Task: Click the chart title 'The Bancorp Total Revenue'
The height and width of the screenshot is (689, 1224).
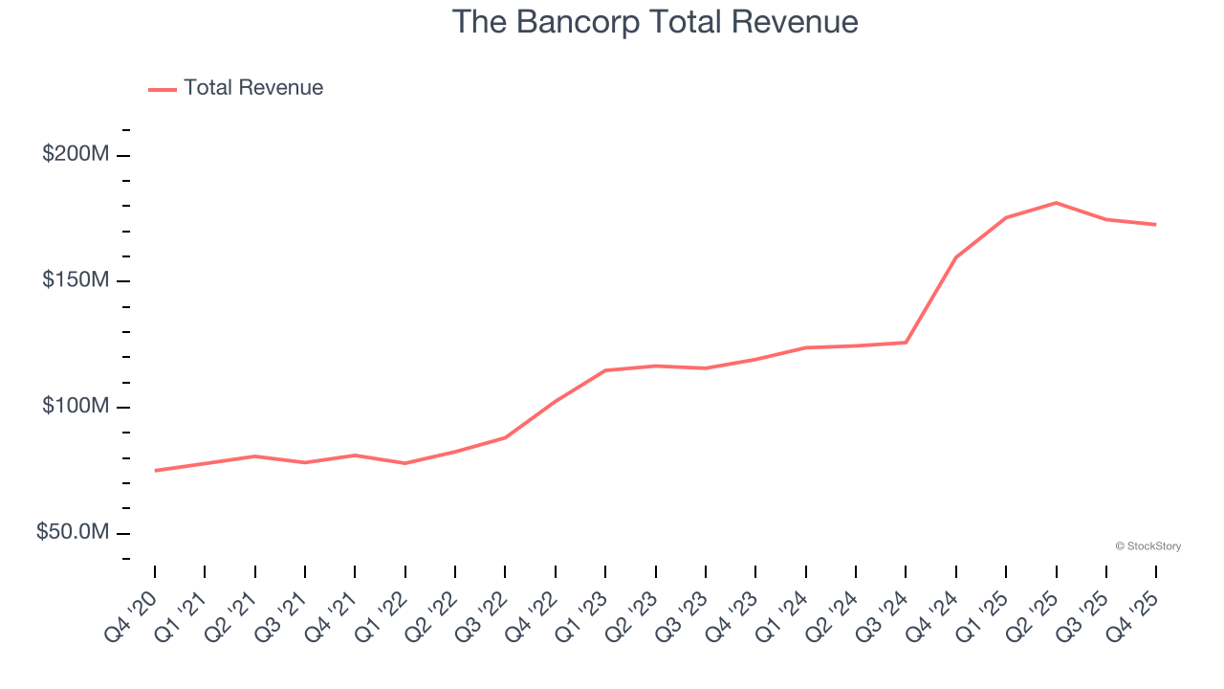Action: coord(654,22)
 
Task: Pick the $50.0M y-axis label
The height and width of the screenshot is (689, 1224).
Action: coord(74,532)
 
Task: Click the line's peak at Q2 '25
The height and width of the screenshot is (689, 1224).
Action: coord(1056,203)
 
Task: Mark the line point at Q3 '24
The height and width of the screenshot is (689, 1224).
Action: coord(906,343)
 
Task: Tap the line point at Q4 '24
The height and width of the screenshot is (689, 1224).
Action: coord(955,257)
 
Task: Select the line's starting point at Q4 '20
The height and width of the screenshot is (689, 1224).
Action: coord(155,471)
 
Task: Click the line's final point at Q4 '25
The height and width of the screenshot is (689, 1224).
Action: coord(1155,225)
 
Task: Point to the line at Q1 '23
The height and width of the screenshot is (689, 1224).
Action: coord(605,370)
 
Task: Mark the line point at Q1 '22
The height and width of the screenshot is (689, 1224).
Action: coord(405,463)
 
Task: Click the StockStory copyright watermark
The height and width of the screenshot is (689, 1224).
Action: coord(1147,546)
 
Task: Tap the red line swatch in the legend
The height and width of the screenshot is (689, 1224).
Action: coord(163,89)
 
